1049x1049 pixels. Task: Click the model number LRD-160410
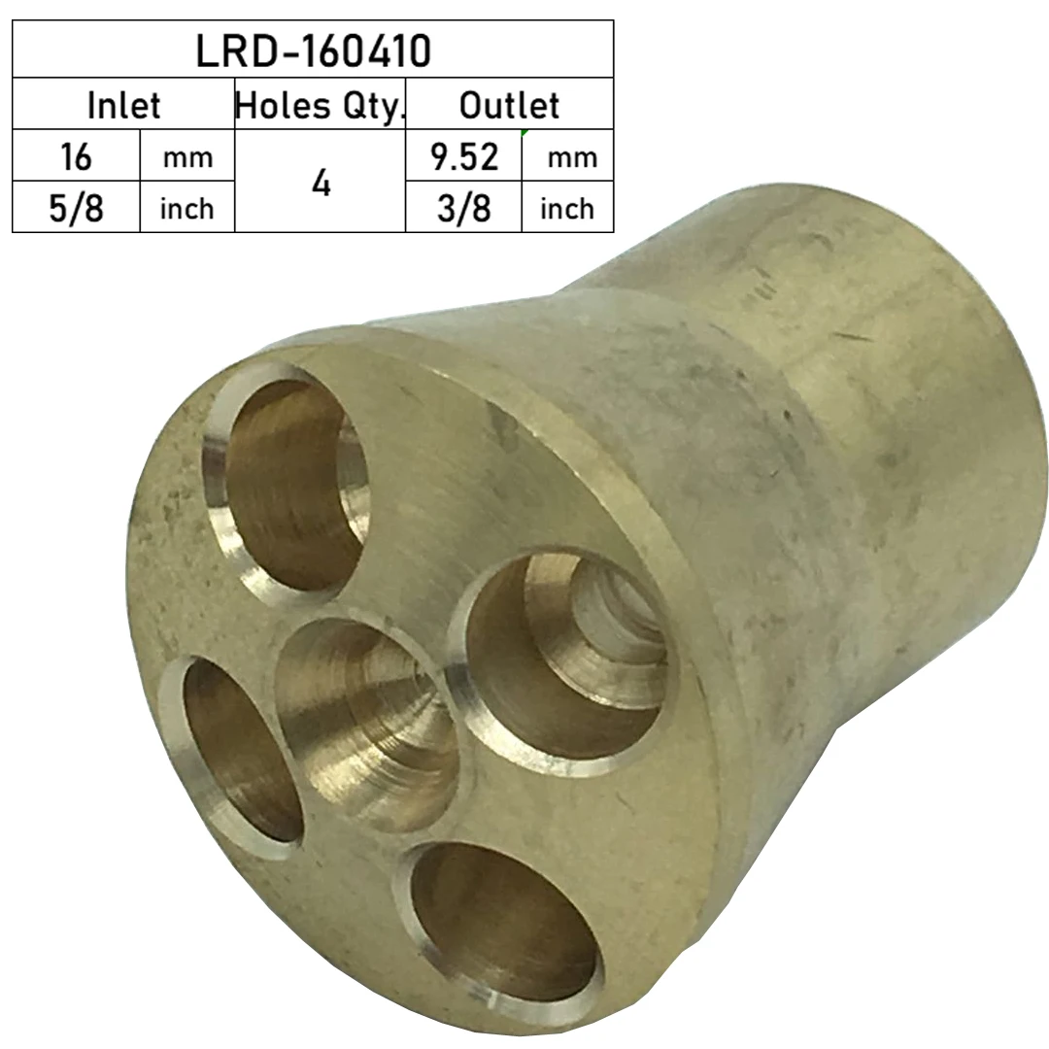[x=313, y=51]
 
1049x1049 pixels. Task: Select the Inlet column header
[x=123, y=105]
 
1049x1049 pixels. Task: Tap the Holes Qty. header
[x=320, y=105]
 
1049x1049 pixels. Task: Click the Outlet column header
[x=509, y=105]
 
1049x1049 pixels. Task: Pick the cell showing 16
[x=76, y=156]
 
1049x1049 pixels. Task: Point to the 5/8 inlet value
[x=76, y=208]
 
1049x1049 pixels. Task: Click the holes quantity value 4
[x=321, y=183]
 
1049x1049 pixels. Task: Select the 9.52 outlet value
[x=464, y=156]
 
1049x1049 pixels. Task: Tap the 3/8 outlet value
[x=464, y=208]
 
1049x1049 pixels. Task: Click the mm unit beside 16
[x=187, y=157]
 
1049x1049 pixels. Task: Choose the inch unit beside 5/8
[x=187, y=209]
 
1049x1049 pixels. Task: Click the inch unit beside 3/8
[x=567, y=209]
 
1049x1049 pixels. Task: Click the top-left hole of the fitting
[x=288, y=481]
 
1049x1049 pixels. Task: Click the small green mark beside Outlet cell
[x=524, y=132]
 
